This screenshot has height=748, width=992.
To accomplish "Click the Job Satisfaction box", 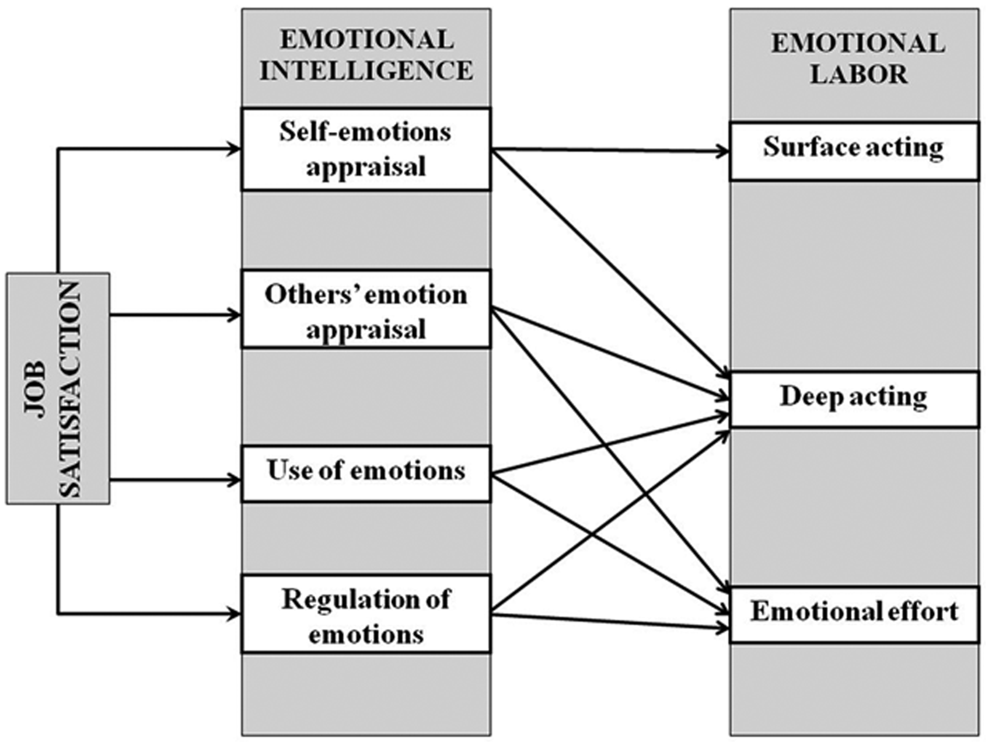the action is [58, 388].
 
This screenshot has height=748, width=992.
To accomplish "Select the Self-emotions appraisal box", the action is [366, 149].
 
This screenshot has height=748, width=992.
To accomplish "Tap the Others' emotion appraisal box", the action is [366, 309].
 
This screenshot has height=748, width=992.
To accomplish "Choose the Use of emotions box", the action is [366, 474].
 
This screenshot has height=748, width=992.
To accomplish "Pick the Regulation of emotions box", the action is [366, 614].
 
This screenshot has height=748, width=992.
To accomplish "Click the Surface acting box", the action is [854, 151].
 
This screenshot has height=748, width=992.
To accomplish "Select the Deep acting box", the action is [854, 399].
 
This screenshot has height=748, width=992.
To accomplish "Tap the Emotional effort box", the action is [854, 614].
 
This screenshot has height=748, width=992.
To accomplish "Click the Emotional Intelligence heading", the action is [366, 55].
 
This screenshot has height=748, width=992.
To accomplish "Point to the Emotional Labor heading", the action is [858, 58].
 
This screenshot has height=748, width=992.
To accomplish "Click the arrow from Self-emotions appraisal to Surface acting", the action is [610, 151].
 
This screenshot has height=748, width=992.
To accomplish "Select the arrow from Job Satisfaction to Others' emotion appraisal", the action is [175, 315].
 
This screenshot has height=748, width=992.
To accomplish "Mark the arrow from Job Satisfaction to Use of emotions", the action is [175, 480].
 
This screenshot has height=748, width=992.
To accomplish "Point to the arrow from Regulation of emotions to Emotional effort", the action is [610, 621].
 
